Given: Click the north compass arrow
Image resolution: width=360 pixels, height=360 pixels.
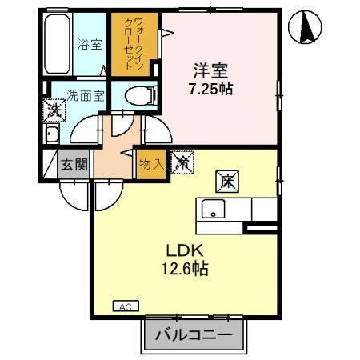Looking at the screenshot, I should click(x=306, y=29).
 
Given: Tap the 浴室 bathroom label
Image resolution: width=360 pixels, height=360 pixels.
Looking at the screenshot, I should click(x=90, y=46).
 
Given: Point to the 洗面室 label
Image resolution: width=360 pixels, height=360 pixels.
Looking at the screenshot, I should click(x=84, y=96).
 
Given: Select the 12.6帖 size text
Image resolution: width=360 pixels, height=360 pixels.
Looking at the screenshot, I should click(x=188, y=270).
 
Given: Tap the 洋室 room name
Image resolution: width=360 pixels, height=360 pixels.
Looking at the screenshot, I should click(x=210, y=70).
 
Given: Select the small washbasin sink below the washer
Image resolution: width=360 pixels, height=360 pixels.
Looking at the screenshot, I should click(x=51, y=134).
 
